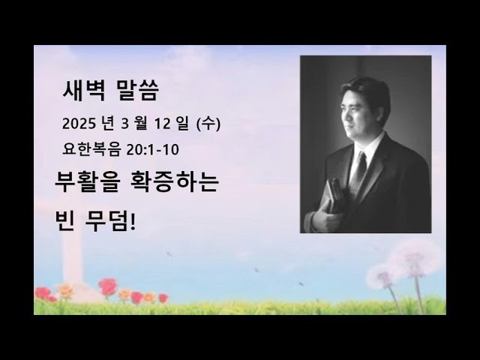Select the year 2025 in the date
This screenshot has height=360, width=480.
tap(79, 123)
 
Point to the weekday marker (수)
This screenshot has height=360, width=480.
tap(207, 123)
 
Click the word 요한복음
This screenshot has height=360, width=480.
tap(92, 149)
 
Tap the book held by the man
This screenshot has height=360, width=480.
tap(332, 202)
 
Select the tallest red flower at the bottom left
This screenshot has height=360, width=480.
tap(108, 286)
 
